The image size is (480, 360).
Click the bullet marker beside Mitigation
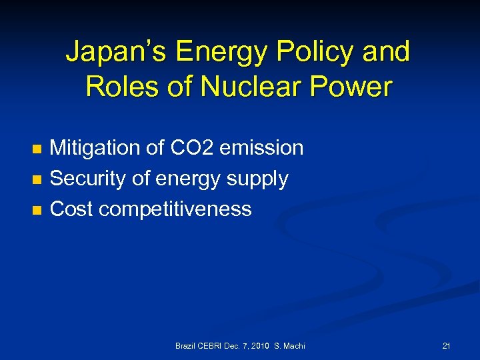pos(37,148)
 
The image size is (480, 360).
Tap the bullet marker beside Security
pos(37,179)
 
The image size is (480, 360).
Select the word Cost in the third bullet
pos(71,209)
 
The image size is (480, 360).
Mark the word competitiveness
pos(175,210)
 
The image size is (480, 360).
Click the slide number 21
pos(446,345)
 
